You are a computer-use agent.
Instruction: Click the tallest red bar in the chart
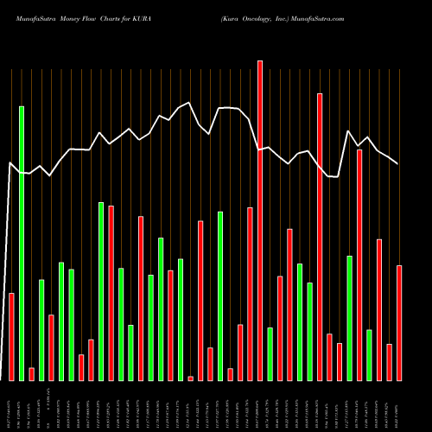(260, 220)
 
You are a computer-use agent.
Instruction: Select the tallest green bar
(22, 243)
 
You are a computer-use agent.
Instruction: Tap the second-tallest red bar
(320, 237)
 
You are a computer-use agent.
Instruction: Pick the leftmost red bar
(11, 336)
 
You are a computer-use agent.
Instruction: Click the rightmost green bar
(369, 354)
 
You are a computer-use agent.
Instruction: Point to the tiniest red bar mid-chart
(190, 378)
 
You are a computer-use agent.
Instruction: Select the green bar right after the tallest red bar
(270, 353)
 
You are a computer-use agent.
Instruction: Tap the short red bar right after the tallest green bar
(31, 373)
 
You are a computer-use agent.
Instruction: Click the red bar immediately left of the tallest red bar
(250, 294)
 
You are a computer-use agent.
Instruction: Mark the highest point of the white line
(189, 103)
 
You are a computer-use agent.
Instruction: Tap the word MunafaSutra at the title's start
(32, 18)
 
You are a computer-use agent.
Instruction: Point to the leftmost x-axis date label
(11, 406)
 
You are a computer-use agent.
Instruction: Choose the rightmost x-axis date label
(399, 406)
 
